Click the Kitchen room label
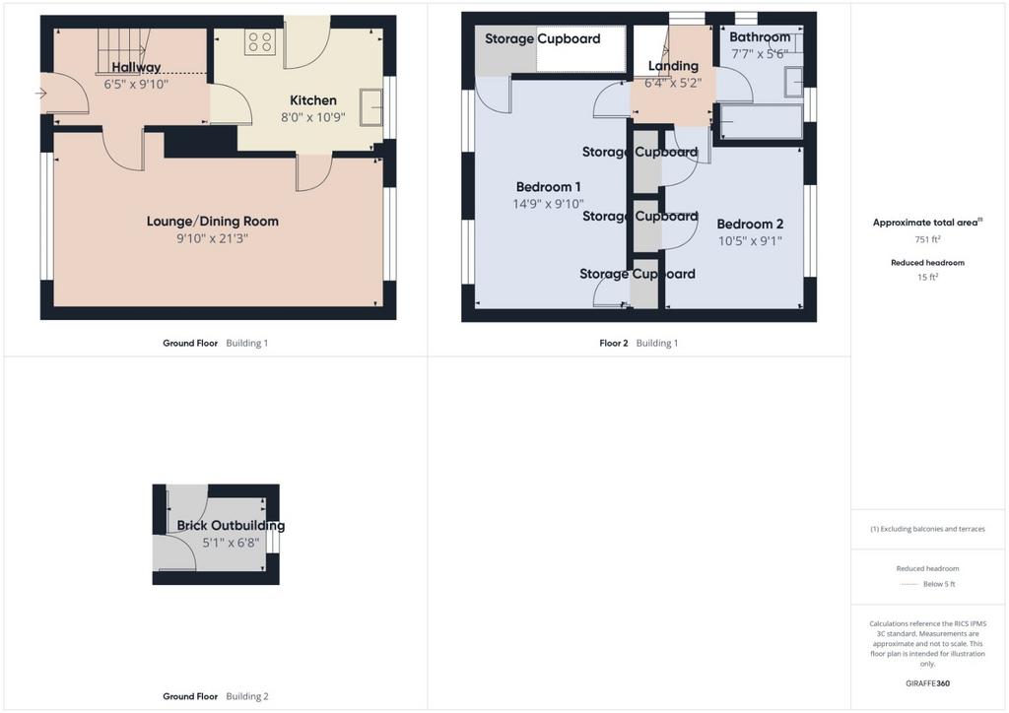(x=312, y=100)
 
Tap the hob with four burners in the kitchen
(x=260, y=42)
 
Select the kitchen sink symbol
(x=371, y=107)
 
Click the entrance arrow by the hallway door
(x=40, y=94)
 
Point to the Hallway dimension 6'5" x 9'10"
(x=136, y=84)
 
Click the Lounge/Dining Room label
(x=213, y=222)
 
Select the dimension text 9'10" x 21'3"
(x=213, y=238)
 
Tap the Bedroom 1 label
(x=548, y=187)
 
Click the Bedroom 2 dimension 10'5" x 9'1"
(x=750, y=241)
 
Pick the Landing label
(x=673, y=66)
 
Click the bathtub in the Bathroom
(x=762, y=121)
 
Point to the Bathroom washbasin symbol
(x=793, y=82)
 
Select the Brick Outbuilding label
(x=231, y=525)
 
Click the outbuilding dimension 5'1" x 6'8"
(x=231, y=543)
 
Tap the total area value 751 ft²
(x=927, y=239)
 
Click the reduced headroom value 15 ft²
(x=927, y=277)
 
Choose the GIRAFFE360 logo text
(x=927, y=683)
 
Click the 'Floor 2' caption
(x=613, y=344)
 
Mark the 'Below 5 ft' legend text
(x=939, y=584)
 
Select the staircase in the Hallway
(x=122, y=51)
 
